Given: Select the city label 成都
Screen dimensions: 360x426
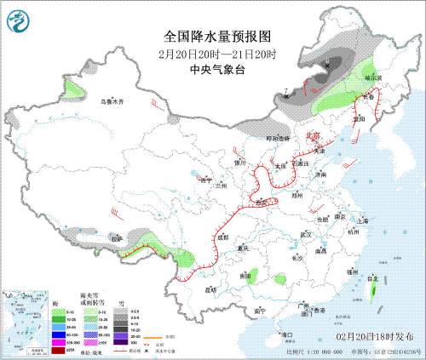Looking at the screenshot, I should pyautogui.click(x=223, y=237).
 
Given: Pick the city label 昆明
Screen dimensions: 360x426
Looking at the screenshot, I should pyautogui.click(x=209, y=289).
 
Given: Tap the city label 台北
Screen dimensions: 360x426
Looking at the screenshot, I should pyautogui.click(x=371, y=277).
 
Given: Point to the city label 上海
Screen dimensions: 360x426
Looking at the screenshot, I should pyautogui.click(x=364, y=219).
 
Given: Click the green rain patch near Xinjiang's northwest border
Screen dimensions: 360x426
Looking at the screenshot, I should pyautogui.click(x=75, y=89).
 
